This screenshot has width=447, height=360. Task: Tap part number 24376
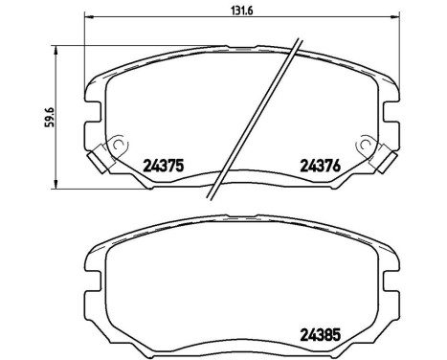point(320,164)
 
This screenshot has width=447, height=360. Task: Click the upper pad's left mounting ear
point(92,111)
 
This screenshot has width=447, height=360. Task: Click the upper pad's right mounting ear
point(392,111)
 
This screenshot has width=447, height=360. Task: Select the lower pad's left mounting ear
point(92,278)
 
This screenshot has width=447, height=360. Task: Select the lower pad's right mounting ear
point(392,278)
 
